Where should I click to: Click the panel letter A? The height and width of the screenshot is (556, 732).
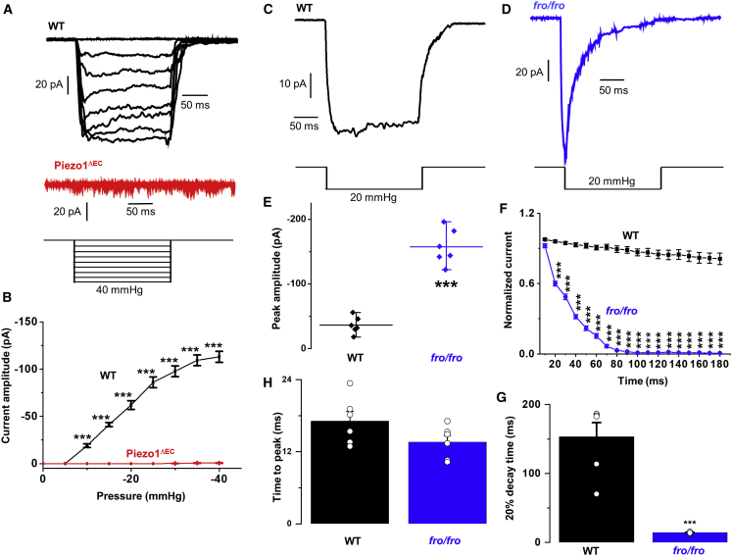pos(7,9)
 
